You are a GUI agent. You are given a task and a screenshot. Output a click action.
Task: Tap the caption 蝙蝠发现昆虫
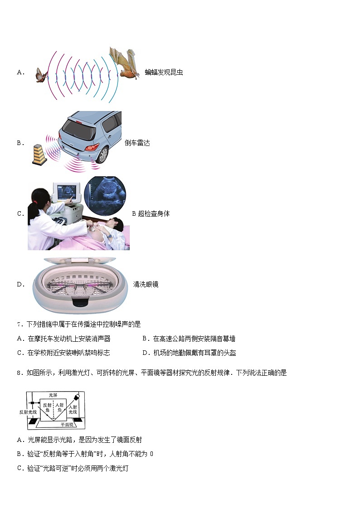tap(164, 72)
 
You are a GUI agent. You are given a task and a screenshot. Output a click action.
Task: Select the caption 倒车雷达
tap(137, 143)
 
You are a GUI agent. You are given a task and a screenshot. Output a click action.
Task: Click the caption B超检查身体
tap(151, 213)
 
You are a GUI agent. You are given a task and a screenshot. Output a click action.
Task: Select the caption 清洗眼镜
tap(146, 285)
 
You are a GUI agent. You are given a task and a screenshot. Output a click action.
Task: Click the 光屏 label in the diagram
tap(54, 395)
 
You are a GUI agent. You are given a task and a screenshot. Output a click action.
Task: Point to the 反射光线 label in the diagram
tap(27, 412)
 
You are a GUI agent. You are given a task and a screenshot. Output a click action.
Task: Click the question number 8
tap(19, 373)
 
